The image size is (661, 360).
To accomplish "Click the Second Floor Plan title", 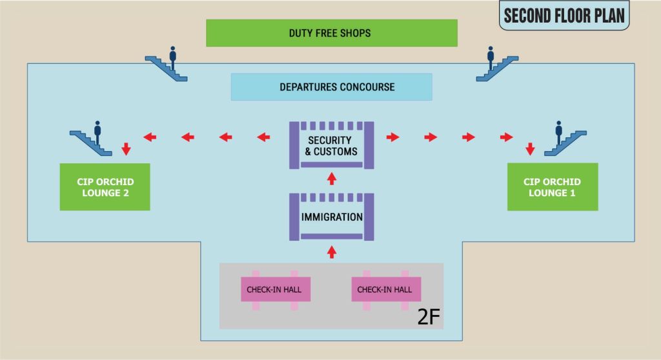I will [564, 15].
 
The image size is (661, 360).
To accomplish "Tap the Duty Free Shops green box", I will [331, 33].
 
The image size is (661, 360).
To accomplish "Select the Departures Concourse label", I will [331, 87].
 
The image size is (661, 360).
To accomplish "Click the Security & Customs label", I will [331, 146].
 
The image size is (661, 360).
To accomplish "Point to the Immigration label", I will [332, 217].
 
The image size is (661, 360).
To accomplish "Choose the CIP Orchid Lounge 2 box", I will [105, 186].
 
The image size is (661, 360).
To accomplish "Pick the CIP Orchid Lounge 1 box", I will [553, 186].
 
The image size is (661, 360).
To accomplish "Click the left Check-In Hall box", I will [276, 290].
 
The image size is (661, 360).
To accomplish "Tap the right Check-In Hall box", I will [385, 290].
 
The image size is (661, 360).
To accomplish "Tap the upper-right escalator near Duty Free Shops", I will [497, 65].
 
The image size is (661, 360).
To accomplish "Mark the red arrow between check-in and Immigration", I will [332, 251].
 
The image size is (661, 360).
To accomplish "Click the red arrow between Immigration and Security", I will [332, 178].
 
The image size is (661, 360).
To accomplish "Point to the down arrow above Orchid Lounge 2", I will [127, 149].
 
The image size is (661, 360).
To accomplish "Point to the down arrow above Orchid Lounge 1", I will [530, 149].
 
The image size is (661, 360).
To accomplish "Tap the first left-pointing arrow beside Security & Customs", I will [264, 137].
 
